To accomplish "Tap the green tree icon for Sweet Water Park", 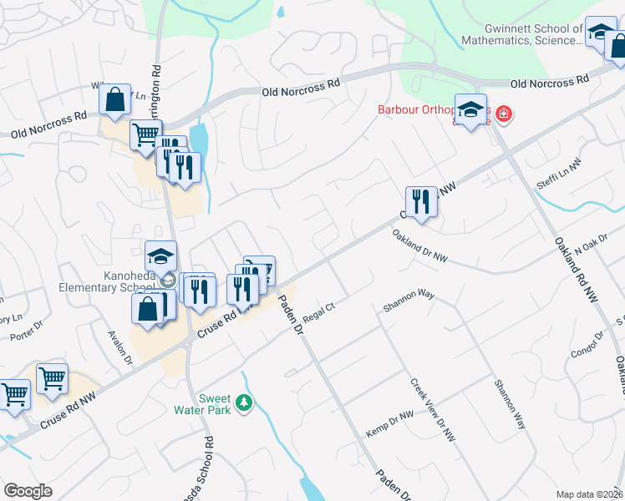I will [244, 403].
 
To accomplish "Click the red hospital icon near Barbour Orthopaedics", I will [504, 114].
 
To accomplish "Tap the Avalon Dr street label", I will [120, 346].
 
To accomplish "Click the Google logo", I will [28, 491].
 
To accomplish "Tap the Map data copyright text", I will [589, 494].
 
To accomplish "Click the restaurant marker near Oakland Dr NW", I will [421, 202].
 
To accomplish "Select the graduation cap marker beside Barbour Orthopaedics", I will [470, 109].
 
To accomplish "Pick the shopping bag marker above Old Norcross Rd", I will [115, 99].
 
